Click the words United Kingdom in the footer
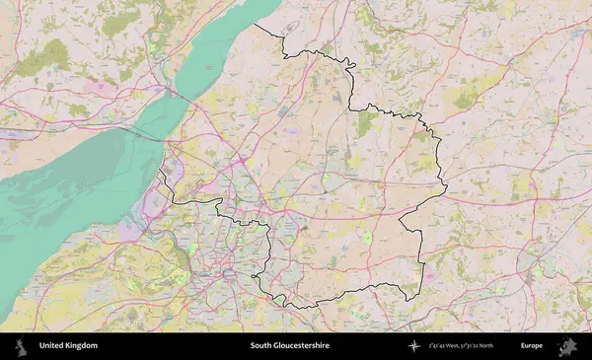point(68,346)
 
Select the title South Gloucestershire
point(289,346)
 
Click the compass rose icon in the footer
point(412,346)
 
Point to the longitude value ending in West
point(448,346)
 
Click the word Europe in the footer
point(532,346)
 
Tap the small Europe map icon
point(567,346)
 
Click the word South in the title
point(259,346)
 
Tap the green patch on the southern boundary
point(280,299)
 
